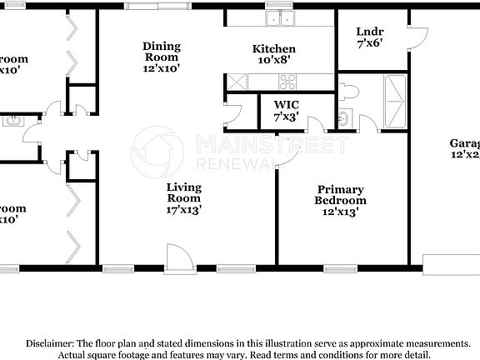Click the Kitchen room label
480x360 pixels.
click(x=274, y=49)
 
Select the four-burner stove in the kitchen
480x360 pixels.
click(x=287, y=82)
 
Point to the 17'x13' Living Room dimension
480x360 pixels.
click(x=183, y=211)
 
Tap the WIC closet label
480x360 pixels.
click(x=287, y=105)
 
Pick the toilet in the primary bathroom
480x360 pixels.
click(x=351, y=92)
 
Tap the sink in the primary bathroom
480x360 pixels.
click(x=343, y=117)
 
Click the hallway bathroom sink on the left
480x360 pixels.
click(x=12, y=121)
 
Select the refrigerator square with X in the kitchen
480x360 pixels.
click(x=236, y=82)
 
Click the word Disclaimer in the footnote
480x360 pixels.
click(x=49, y=343)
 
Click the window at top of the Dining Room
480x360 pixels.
click(x=152, y=6)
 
